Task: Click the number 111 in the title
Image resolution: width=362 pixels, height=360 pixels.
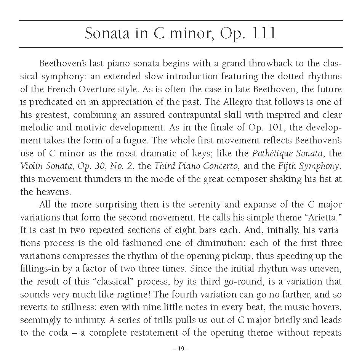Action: pos(263,34)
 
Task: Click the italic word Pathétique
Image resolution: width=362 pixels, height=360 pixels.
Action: pos(275,154)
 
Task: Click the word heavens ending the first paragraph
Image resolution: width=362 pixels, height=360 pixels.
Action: pos(52,192)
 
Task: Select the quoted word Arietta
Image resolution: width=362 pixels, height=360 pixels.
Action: pos(322,218)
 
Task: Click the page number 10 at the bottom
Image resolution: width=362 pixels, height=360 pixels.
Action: pos(181,348)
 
